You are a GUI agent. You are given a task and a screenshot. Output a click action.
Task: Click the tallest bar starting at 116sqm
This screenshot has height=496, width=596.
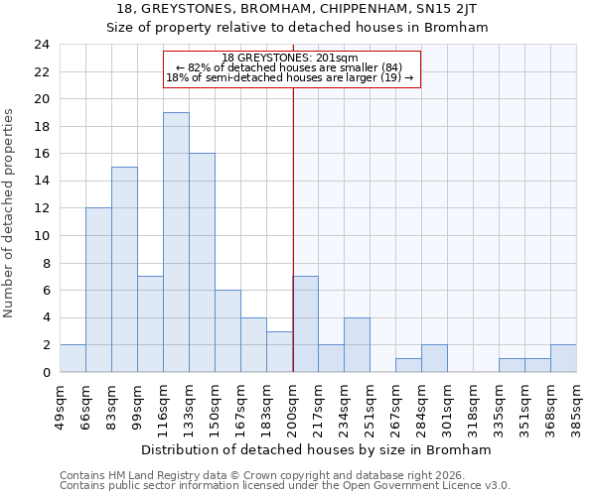(176, 242)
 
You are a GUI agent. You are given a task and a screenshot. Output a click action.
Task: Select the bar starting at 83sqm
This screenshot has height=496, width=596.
(124, 270)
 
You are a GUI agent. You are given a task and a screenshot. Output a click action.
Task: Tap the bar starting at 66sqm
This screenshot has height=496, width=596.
(98, 290)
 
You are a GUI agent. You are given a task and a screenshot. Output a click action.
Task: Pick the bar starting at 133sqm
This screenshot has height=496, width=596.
(202, 263)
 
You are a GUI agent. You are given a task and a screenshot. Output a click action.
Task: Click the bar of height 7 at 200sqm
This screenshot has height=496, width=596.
(306, 324)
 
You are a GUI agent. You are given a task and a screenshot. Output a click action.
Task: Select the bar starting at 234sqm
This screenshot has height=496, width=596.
(357, 345)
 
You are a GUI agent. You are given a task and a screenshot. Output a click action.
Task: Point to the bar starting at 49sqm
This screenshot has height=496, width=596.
(73, 358)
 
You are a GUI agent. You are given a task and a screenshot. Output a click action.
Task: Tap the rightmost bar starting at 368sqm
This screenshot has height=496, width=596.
(563, 358)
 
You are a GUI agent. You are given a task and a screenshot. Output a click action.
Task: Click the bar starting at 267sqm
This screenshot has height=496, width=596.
(408, 365)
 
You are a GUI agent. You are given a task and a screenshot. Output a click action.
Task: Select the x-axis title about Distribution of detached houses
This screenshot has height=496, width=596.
(318, 449)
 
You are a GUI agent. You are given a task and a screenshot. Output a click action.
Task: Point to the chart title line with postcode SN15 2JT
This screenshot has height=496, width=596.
(297, 9)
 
